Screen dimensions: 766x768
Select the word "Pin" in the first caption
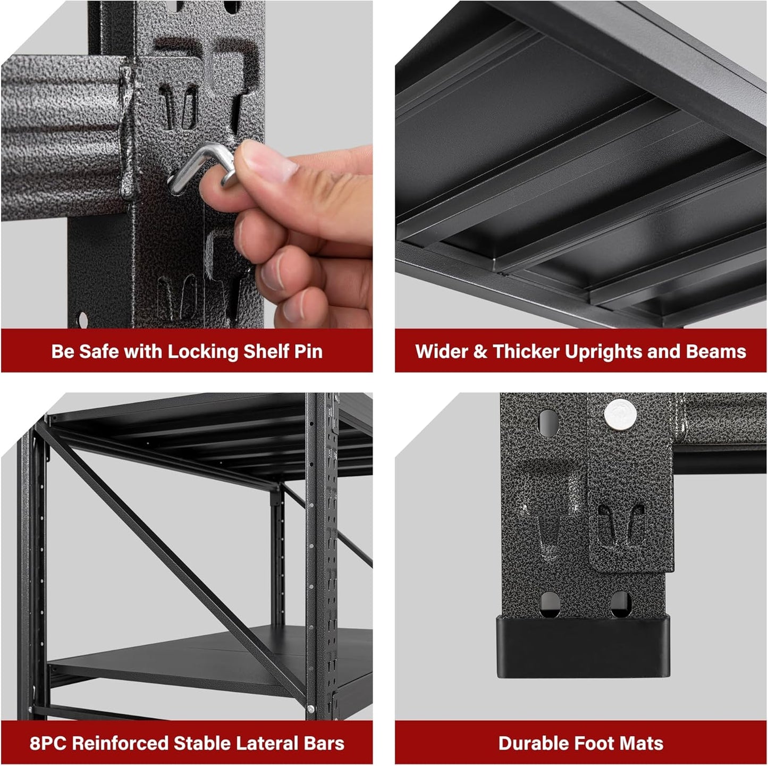tap(308, 351)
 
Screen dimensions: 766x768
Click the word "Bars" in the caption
tap(325, 743)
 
